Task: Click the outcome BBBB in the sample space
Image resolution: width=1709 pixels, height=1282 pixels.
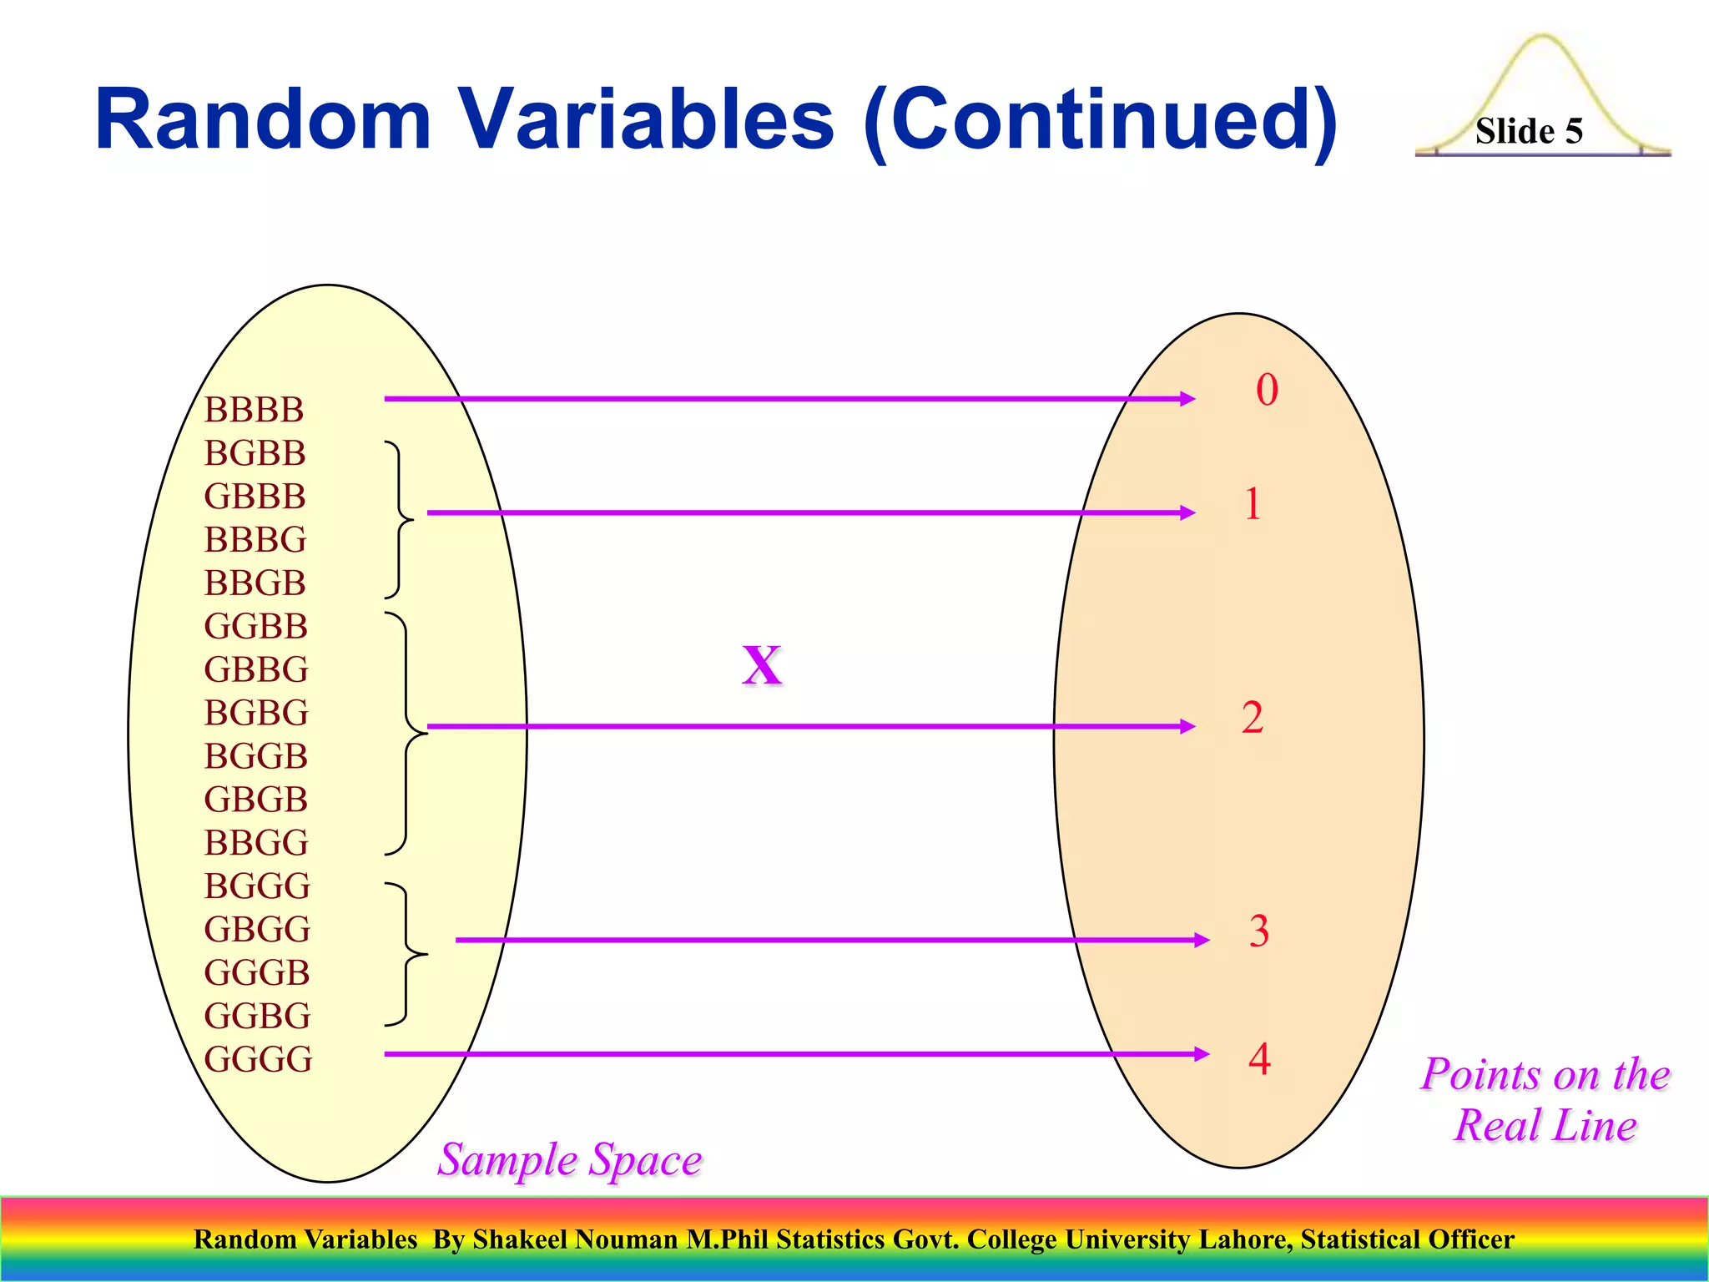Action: [x=254, y=410]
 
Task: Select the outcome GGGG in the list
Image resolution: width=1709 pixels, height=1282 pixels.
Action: [x=258, y=1059]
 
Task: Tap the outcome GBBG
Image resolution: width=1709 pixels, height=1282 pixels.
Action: [x=255, y=669]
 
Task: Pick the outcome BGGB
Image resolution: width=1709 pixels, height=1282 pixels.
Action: [x=255, y=756]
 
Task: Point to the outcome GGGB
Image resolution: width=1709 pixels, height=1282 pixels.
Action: [x=256, y=972]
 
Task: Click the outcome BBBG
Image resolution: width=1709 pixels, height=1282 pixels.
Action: [x=255, y=540]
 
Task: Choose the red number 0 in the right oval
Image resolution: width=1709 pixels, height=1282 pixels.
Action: [x=1267, y=390]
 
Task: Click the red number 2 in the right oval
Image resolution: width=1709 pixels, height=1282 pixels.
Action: [x=1252, y=718]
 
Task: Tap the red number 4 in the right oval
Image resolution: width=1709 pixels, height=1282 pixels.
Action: [x=1259, y=1058]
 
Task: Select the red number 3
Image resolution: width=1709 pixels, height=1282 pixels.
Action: [x=1258, y=931]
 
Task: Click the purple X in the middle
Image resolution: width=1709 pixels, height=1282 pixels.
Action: [x=762, y=665]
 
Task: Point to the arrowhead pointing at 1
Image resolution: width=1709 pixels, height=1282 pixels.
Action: [x=1187, y=512]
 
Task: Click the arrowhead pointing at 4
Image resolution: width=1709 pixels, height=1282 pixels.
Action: [x=1202, y=1054]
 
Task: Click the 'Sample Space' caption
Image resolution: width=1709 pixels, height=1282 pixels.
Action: [x=570, y=1159]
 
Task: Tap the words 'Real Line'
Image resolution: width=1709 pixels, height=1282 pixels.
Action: [x=1545, y=1125]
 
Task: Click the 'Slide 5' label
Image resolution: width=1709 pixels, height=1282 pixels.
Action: [x=1528, y=131]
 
